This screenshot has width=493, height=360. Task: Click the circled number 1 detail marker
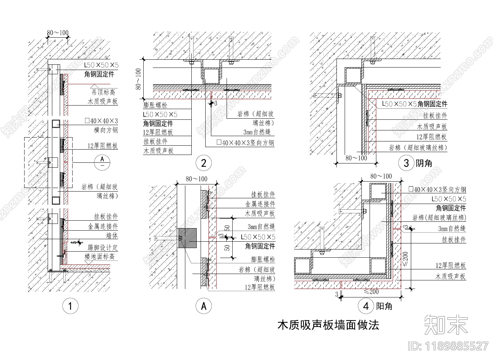(70, 306)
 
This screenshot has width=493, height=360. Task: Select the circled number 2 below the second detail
(203, 163)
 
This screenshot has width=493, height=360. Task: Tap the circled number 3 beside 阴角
(406, 163)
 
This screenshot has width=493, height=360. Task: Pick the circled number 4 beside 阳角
(366, 306)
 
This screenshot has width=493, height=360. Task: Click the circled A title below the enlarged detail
(203, 306)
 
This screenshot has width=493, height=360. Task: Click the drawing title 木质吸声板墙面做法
(328, 325)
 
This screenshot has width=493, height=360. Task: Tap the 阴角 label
(424, 163)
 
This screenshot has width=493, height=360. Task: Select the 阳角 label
(384, 306)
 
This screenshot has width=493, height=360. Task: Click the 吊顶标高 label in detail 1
(103, 92)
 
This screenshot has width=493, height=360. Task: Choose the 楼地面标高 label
(100, 257)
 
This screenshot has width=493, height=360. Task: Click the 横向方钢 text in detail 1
(106, 130)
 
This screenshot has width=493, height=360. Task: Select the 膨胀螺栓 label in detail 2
(155, 105)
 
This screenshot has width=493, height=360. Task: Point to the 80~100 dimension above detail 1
(58, 33)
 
